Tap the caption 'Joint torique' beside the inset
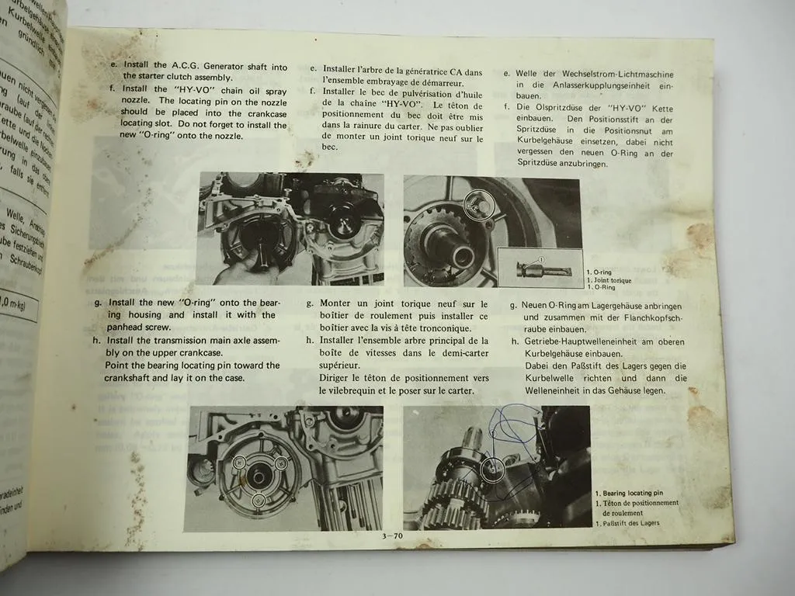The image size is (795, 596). pos(610,280)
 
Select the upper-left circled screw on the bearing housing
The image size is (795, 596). pos(239,463)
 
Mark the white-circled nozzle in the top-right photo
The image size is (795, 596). pos(474,203)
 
